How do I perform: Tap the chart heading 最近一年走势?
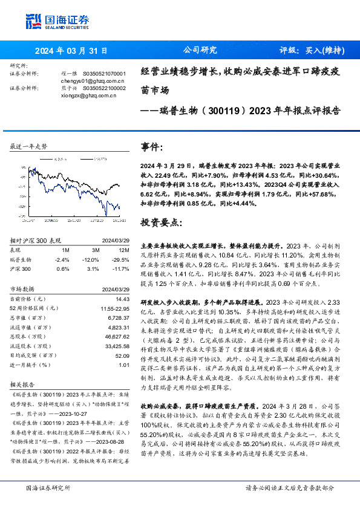pos(29,147)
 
